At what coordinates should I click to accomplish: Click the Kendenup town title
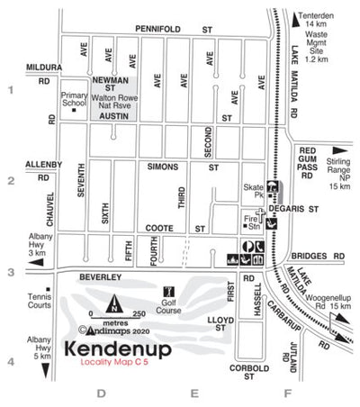pos(117,348)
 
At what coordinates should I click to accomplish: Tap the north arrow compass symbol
pos(113,303)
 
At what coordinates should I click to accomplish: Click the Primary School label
pos(73,98)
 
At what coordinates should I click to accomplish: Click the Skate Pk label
pos(256,194)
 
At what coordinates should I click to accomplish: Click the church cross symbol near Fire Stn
pos(261,213)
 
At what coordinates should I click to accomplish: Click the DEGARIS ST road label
pos(302,207)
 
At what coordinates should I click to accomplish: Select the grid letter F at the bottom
pos(288,393)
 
